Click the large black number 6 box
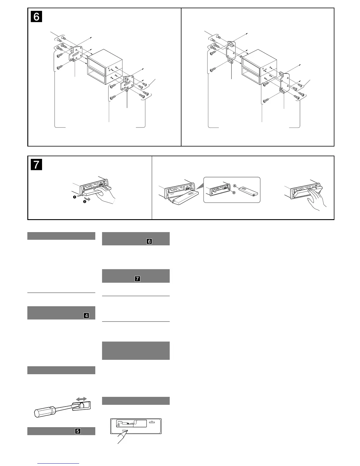tap(36, 16)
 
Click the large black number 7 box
tap(36, 164)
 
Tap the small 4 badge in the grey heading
tap(86, 316)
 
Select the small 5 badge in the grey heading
tap(78, 431)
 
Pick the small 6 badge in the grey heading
tap(149, 242)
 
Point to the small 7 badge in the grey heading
tap(137, 279)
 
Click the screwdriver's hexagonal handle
tap(44, 411)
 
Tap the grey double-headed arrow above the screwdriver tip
tap(81, 399)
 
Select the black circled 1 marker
tap(75, 197)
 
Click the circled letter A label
tap(235, 186)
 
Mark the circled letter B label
tap(234, 193)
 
